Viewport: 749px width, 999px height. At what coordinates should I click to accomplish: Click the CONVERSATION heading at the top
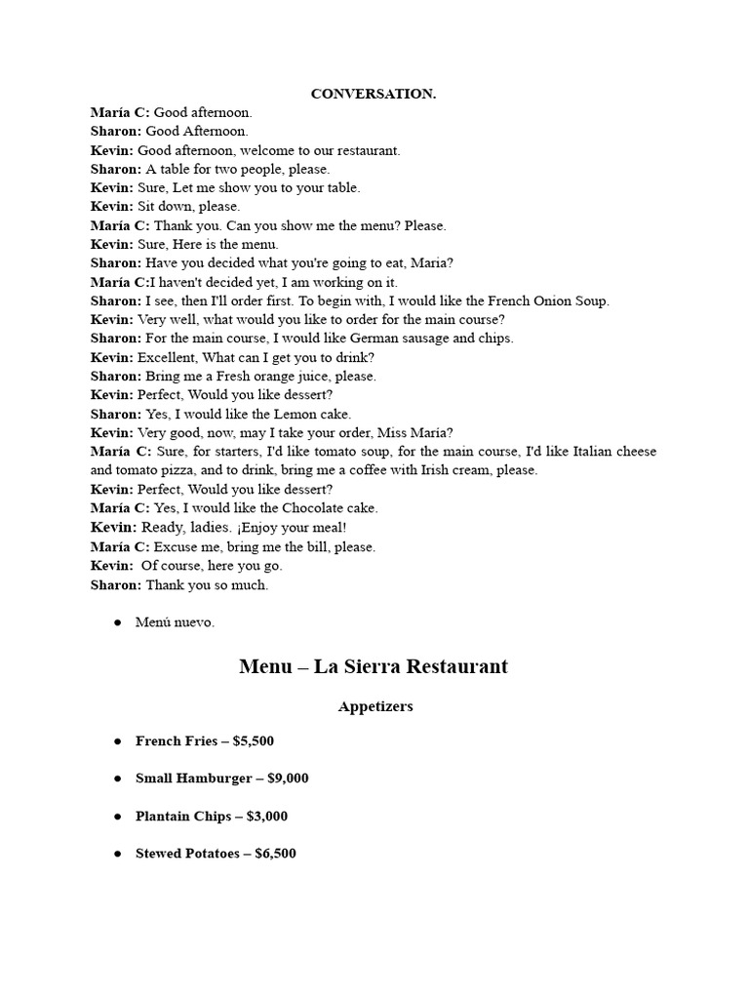[x=374, y=94]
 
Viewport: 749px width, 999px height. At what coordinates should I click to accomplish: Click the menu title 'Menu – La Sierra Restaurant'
[x=374, y=667]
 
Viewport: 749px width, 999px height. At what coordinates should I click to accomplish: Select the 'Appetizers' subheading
[x=375, y=706]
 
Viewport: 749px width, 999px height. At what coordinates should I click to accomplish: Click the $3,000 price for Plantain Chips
[x=267, y=817]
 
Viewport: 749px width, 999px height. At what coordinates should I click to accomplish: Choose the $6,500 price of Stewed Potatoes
[x=275, y=854]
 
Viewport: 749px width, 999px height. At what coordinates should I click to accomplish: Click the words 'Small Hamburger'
[x=193, y=779]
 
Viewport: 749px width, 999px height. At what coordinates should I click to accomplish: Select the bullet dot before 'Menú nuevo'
[x=118, y=622]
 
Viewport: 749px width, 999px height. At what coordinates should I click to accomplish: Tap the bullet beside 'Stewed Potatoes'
[x=118, y=854]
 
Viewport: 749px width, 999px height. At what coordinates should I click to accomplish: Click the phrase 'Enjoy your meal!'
[x=295, y=528]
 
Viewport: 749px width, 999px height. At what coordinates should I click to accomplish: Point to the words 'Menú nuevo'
[x=175, y=622]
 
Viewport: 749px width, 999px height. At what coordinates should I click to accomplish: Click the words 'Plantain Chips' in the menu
[x=183, y=817]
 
